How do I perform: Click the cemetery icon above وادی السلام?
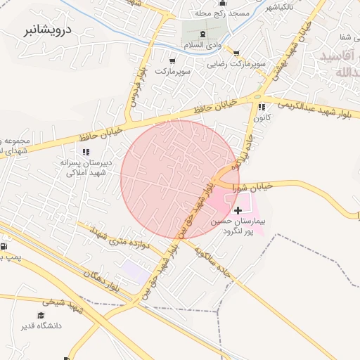203,34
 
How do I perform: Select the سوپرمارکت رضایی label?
235,64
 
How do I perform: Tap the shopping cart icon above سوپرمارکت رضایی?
236,53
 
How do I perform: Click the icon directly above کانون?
262,107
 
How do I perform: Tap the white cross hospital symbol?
238,210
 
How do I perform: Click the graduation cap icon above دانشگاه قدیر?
41,314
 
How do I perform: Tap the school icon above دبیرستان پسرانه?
86,151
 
